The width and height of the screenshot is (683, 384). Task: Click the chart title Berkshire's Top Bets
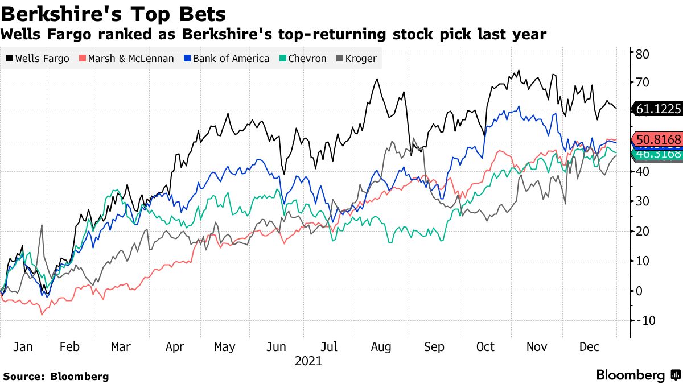tap(114, 14)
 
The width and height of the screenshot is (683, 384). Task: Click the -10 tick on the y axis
tap(645, 321)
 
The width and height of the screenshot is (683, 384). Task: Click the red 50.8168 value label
tap(658, 139)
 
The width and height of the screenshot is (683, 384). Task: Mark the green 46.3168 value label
tap(658, 154)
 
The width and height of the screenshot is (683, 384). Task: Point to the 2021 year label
tap(308, 361)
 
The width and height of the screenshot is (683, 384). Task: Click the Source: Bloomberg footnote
tap(56, 376)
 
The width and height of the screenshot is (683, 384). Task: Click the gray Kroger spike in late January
tap(42, 226)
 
